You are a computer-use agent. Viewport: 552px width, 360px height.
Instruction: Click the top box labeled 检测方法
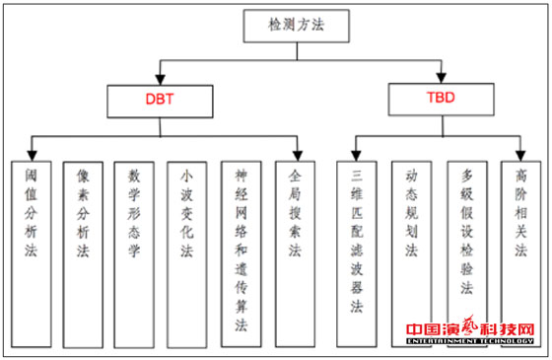[295, 26]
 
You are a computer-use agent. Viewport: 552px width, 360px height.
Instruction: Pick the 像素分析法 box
[83, 252]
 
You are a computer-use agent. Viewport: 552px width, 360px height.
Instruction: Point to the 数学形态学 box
[134, 252]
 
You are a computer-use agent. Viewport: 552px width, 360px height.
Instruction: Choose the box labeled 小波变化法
[186, 252]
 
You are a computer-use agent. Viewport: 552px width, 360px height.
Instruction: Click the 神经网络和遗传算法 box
[241, 252]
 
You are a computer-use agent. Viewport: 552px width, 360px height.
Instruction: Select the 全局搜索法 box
[294, 252]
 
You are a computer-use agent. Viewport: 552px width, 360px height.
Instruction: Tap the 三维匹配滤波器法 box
[357, 252]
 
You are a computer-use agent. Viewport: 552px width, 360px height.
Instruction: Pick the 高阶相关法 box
[521, 252]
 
